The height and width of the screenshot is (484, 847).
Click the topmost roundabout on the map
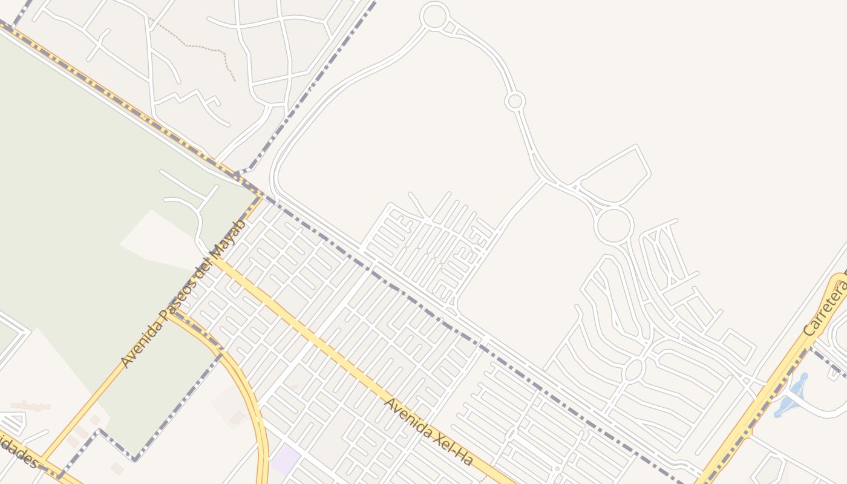point(434,16)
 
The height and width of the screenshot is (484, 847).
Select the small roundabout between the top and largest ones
point(515,101)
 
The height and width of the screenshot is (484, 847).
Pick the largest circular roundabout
point(613,225)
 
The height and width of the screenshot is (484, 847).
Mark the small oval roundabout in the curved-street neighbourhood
point(633,369)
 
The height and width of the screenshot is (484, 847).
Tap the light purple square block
point(285,460)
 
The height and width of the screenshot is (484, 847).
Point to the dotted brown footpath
point(206,50)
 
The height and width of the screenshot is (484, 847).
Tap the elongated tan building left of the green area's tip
point(30,405)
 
